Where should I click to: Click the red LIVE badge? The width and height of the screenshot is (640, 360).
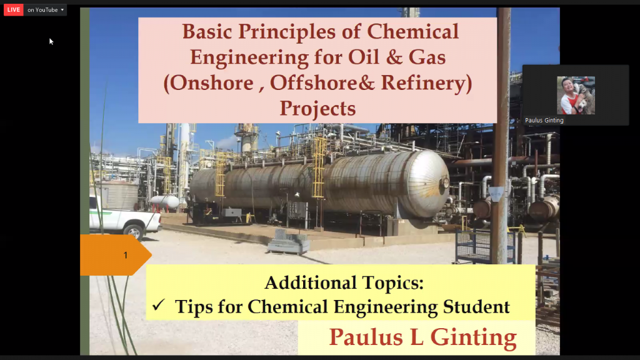point(14,10)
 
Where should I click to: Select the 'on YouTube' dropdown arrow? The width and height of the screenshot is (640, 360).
point(62,10)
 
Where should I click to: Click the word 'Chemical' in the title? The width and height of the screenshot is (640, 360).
point(412,32)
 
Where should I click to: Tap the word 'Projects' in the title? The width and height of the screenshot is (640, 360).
point(317,109)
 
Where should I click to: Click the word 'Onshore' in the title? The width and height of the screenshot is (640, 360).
point(212,83)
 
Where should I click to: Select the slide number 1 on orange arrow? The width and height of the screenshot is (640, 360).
point(125,255)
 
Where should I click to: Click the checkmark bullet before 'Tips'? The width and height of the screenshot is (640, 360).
point(158,305)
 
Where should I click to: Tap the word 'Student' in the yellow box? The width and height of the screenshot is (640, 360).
point(476,307)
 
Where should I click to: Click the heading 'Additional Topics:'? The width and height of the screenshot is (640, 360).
point(344,283)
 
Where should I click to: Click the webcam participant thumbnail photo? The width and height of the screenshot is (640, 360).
point(576,95)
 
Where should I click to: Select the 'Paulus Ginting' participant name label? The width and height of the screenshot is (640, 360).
point(544,121)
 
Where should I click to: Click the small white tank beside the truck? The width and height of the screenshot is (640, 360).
point(165,202)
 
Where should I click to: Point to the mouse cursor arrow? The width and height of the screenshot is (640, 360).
point(51,41)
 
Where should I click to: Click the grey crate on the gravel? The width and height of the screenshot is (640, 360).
point(289,243)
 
